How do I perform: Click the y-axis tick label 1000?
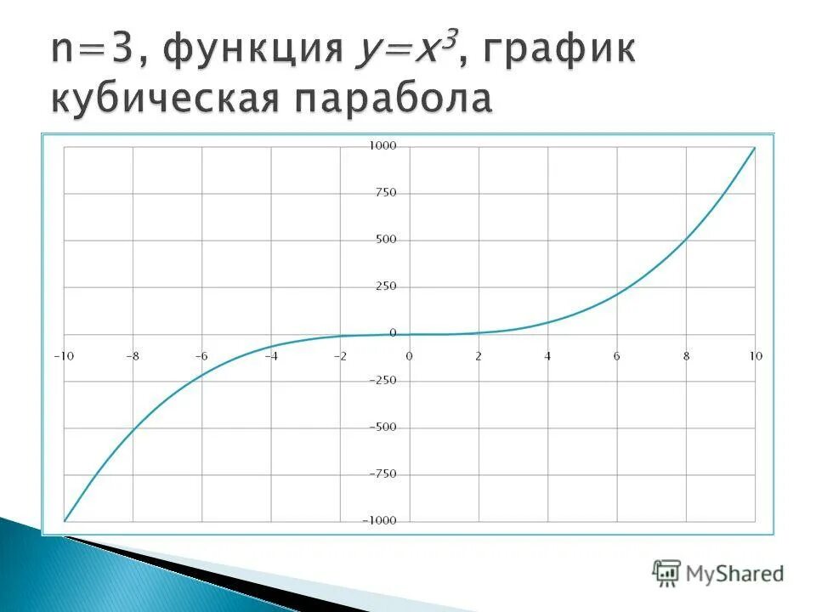coord(382,146)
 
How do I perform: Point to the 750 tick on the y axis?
coord(385,193)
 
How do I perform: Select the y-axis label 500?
coord(385,240)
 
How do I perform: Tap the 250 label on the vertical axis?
coord(385,286)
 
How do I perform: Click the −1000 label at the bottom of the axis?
coord(379,520)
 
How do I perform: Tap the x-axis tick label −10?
coord(64,356)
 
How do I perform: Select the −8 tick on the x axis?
coord(133,356)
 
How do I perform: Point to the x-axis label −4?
coord(271,356)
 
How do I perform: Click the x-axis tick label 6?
coord(617,356)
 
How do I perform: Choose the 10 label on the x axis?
coord(755,356)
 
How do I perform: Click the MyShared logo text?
coord(734,574)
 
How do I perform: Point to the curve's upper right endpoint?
coord(755,147)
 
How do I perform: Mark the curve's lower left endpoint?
coord(65,520)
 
